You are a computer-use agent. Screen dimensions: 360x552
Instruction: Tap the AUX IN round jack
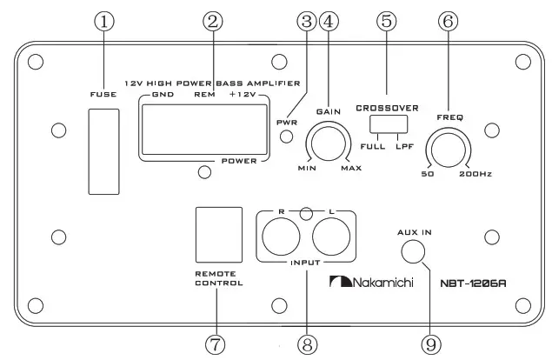click(415, 250)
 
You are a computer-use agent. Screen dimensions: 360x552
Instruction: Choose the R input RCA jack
click(281, 237)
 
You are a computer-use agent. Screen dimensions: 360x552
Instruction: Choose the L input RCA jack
click(330, 237)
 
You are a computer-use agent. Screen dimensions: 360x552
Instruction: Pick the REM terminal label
click(206, 93)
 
